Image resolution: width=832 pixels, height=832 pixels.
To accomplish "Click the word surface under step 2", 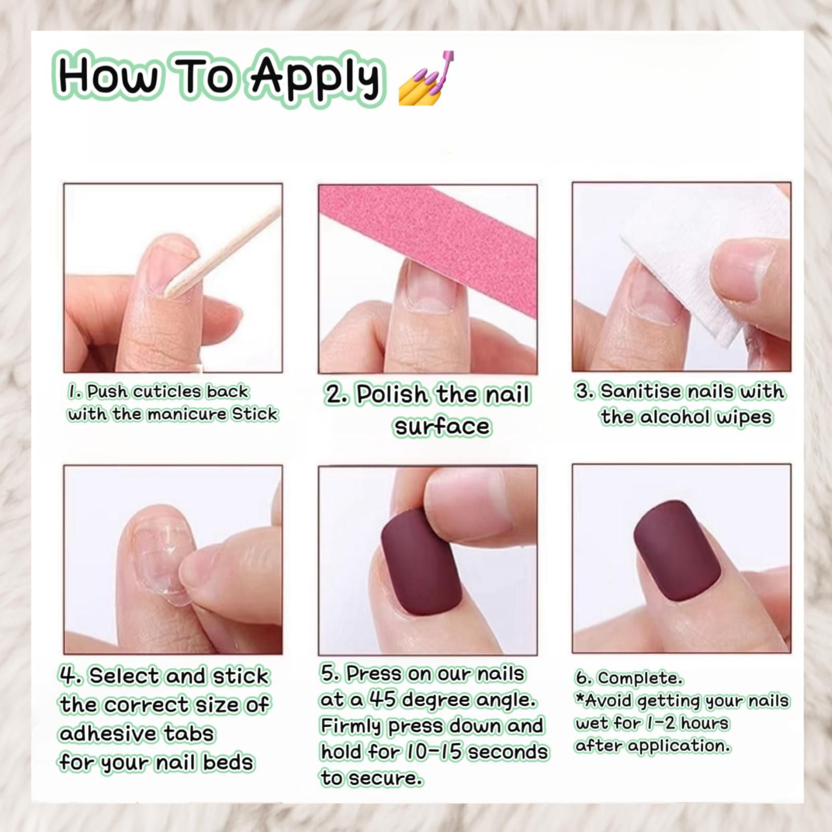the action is (442, 427).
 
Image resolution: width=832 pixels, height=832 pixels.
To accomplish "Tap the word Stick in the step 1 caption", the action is (255, 414).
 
